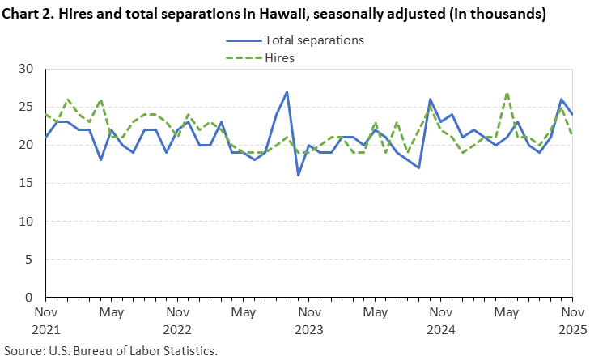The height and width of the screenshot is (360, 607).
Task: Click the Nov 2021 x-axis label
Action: click(46, 320)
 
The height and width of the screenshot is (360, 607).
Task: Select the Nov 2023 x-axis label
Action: click(310, 320)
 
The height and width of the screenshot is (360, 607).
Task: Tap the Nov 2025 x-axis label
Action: click(573, 320)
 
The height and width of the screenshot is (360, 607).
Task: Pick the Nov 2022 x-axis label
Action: click(178, 320)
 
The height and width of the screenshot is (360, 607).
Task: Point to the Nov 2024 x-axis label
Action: click(441, 320)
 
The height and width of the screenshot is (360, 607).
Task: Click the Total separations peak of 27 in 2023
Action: click(287, 92)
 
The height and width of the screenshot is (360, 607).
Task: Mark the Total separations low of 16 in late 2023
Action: click(299, 176)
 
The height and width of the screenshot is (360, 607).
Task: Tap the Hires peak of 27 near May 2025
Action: click(507, 92)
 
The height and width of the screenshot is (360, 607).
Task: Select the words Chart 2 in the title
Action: click(29, 14)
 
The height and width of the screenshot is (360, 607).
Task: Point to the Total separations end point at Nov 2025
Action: click(573, 114)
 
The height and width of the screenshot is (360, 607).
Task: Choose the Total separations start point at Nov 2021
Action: click(46, 138)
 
